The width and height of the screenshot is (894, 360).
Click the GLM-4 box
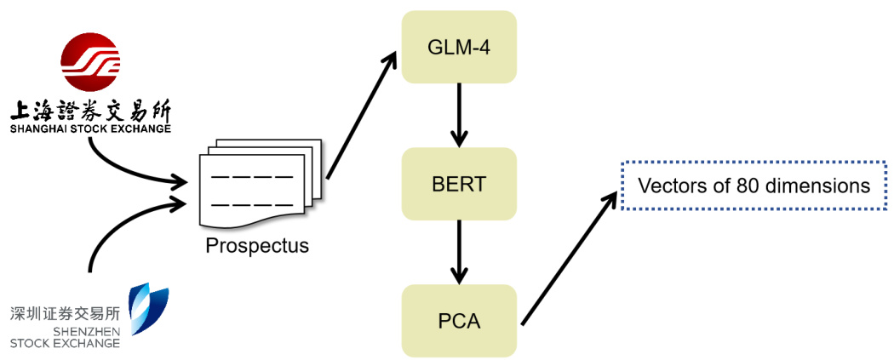pyautogui.click(x=460, y=47)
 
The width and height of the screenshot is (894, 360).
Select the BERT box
pyautogui.click(x=460, y=183)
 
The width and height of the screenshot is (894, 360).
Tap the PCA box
pyautogui.click(x=460, y=321)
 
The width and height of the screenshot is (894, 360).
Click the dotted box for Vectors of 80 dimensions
pyautogui.click(x=754, y=186)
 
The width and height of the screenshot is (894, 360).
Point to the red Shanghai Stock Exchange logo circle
pyautogui.click(x=90, y=65)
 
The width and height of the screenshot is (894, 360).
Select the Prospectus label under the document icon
pyautogui.click(x=257, y=247)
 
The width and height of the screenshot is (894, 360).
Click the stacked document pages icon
pyautogui.click(x=257, y=183)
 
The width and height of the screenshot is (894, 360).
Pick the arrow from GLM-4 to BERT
pyautogui.click(x=460, y=114)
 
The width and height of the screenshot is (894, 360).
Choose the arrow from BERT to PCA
pyautogui.click(x=460, y=252)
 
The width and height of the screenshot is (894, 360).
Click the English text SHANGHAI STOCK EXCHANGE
pyautogui.click(x=89, y=129)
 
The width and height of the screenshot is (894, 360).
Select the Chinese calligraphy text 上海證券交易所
pyautogui.click(x=89, y=111)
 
